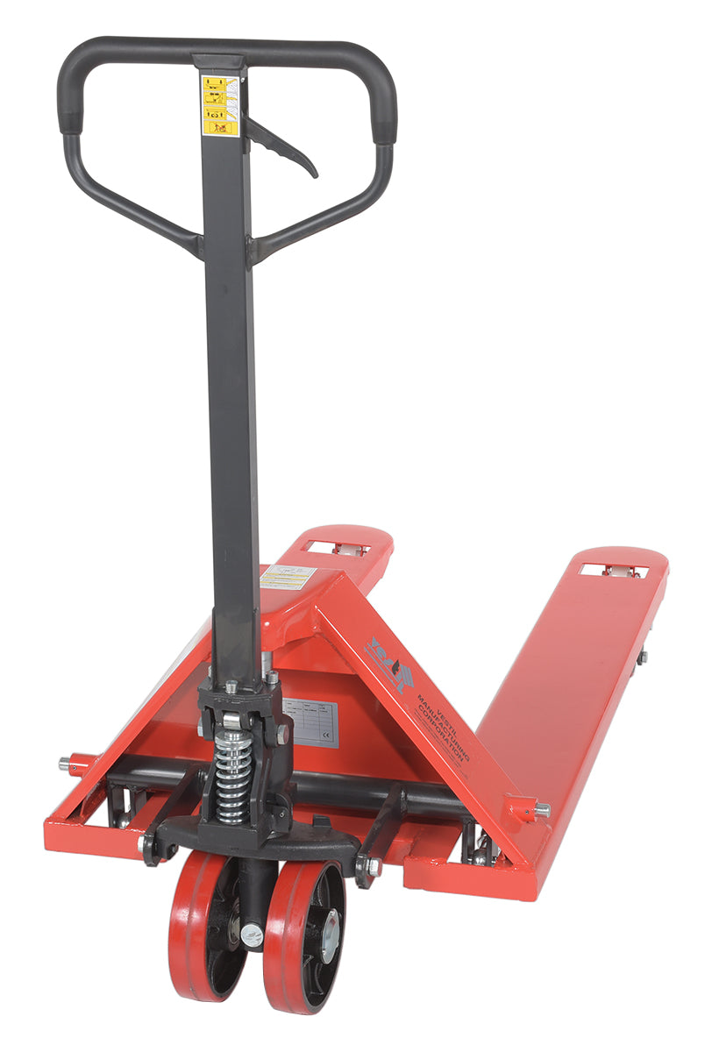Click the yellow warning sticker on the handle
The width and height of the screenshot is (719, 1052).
point(220,105)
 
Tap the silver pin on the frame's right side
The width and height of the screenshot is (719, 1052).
point(543,809)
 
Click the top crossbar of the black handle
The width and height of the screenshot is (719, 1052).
point(219,48)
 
